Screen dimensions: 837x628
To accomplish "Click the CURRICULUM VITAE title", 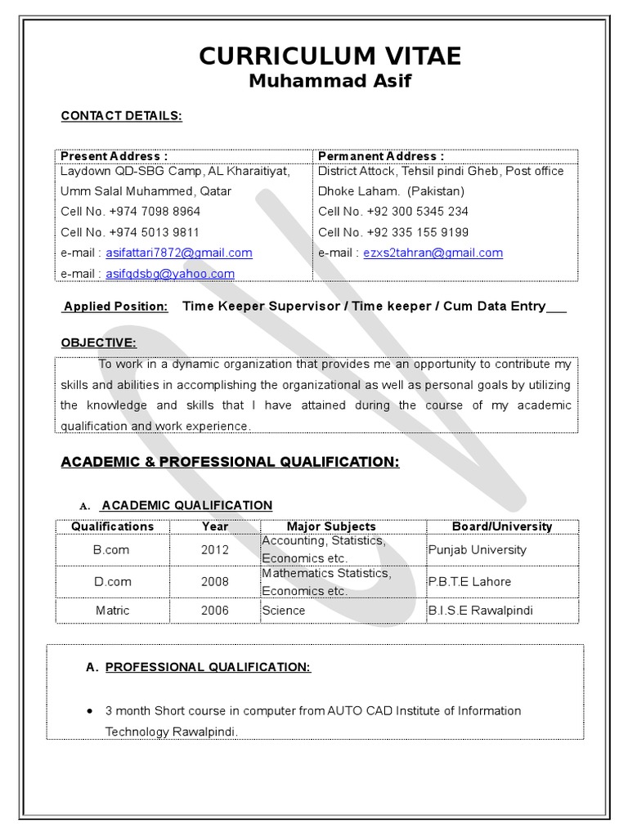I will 330,56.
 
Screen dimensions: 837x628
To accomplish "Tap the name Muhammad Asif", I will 330,81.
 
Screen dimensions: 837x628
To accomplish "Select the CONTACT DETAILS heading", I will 121,116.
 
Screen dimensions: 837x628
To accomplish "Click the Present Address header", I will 114,156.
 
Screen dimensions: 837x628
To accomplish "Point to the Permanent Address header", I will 381,156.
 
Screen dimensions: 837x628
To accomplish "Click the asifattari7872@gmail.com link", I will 179,253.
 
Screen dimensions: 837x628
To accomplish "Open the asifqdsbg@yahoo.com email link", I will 170,274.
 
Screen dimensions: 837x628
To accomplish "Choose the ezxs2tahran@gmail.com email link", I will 433,253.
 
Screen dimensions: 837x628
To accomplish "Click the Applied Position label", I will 116,307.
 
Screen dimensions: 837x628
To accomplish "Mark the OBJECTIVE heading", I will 99,342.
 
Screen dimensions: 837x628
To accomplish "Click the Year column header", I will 215,526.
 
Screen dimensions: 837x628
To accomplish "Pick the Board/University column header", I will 502,526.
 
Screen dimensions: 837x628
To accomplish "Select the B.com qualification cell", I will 111,550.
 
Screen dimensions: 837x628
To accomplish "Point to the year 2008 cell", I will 215,582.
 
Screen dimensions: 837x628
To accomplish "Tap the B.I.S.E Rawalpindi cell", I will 481,611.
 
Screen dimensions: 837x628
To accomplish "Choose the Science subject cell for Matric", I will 284,611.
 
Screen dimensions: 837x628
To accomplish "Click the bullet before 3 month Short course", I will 89,711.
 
